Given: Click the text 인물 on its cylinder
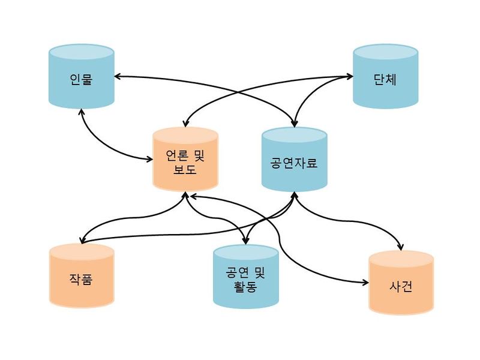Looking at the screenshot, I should point(81,79).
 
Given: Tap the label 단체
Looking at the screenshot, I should point(385,79).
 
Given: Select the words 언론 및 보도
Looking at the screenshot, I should point(185,163).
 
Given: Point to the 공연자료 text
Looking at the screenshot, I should point(294,163).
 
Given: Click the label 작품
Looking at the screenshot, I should point(81,279).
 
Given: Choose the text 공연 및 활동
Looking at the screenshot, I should point(245,280).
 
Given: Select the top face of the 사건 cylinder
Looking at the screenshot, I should point(401,258).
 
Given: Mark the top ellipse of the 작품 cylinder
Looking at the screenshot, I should point(81,251).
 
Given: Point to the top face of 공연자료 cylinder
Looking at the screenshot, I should point(294,135).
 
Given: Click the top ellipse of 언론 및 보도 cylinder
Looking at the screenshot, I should point(185,134).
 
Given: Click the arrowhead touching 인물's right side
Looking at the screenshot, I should point(118,76).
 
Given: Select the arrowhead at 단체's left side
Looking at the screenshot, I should point(349,76).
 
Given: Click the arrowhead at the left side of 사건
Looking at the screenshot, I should point(364,281).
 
